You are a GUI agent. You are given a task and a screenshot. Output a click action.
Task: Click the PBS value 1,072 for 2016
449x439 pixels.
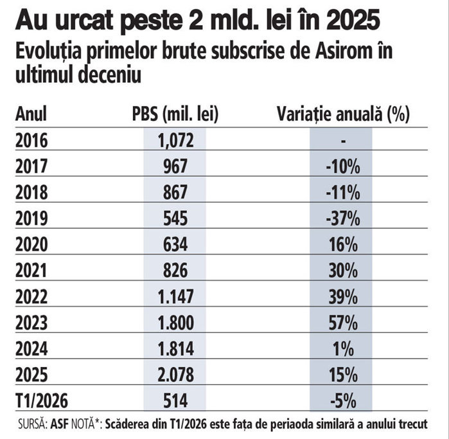coord(175,141)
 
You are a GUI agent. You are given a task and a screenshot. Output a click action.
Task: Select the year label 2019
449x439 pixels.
coord(31,219)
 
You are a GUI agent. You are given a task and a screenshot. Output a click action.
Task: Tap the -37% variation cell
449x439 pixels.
coord(343,219)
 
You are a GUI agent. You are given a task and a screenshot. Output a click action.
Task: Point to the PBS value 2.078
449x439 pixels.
coord(175,375)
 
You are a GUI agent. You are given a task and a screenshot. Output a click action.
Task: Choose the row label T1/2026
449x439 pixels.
coord(42,400)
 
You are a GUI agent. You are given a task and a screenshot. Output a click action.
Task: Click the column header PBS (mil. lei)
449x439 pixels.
coord(175,114)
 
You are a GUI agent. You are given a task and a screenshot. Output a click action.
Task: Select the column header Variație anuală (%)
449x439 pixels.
coord(344,114)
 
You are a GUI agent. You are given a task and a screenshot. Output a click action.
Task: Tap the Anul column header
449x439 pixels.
coord(31,114)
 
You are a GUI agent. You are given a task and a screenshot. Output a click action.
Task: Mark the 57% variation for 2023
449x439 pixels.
coord(343,323)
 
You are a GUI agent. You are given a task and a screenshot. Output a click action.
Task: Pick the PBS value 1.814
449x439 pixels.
coord(175,349)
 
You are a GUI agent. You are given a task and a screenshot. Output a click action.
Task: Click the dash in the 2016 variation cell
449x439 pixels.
coord(344,141)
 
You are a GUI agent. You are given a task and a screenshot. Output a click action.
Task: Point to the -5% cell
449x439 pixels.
coord(343,401)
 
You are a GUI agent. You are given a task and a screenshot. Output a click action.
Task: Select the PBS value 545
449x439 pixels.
coord(175,219)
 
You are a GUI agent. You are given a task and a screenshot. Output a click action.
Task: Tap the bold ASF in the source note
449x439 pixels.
coord(59,424)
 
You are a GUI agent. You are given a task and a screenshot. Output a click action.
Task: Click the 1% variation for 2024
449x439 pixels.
coord(343,349)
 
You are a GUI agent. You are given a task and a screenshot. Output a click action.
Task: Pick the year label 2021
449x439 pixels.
coord(31,271)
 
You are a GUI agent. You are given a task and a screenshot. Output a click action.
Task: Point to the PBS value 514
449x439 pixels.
coord(175,401)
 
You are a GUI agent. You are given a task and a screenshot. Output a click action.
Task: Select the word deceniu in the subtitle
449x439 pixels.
coord(110,75)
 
